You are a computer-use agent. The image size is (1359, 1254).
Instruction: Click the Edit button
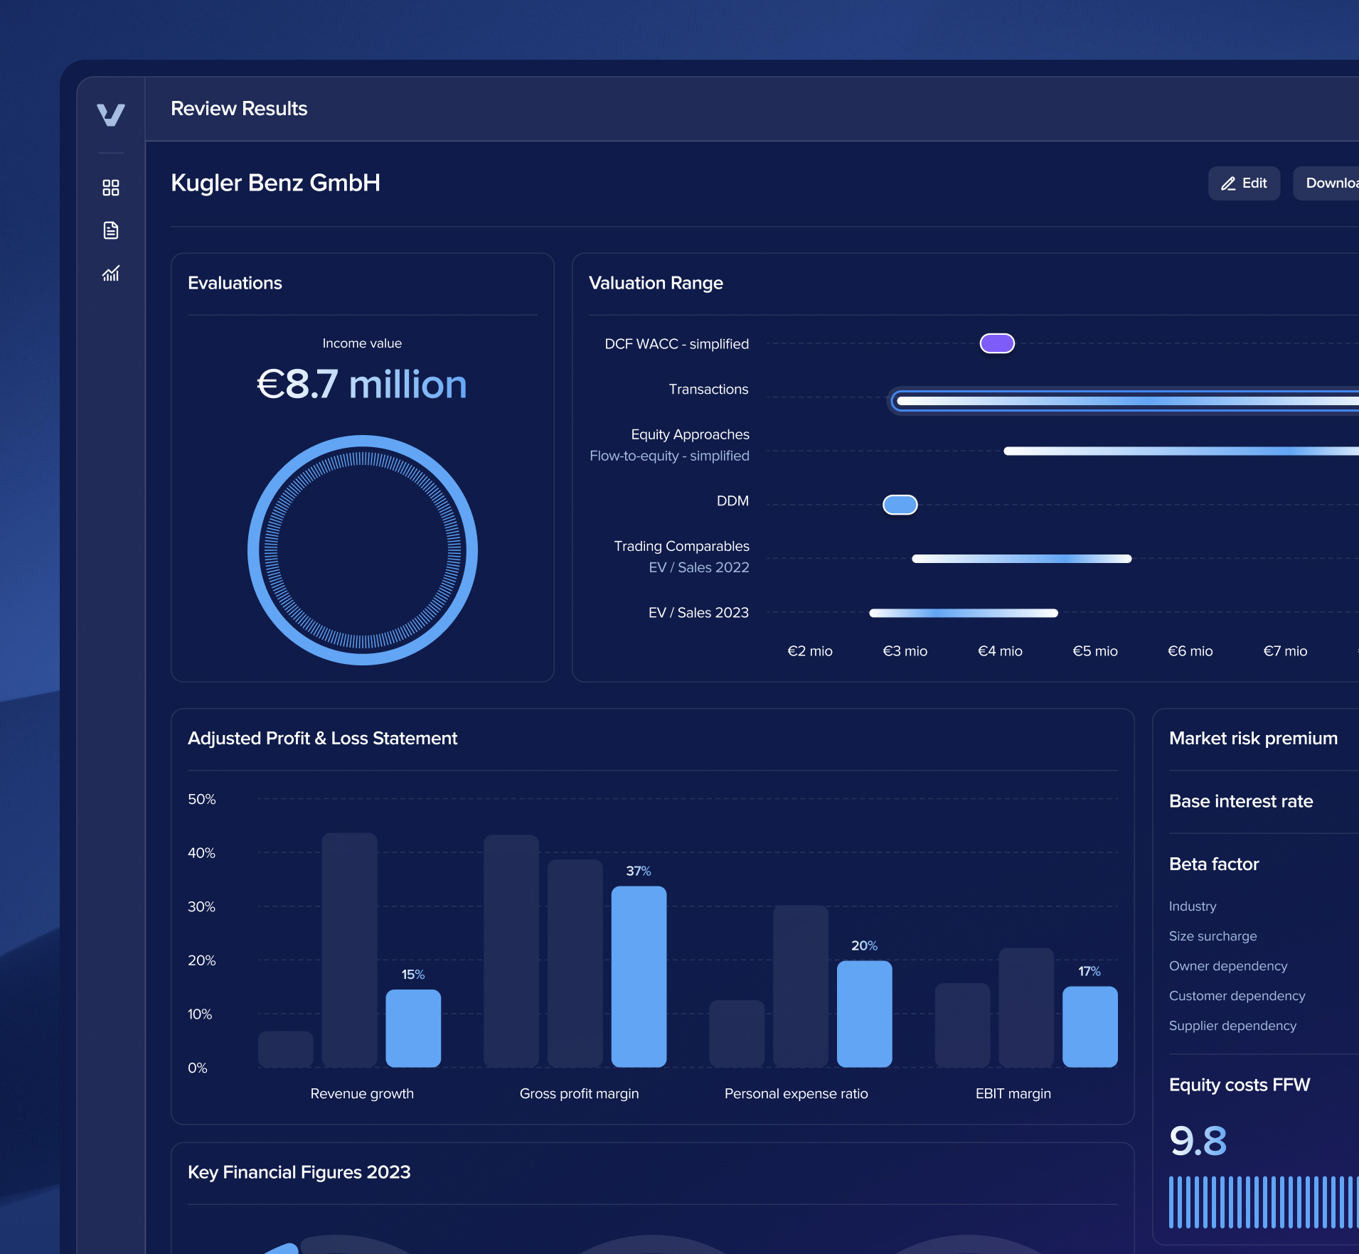pos(1244,183)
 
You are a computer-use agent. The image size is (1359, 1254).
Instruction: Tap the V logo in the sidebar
pos(111,114)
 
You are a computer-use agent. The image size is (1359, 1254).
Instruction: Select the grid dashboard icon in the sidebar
pos(111,188)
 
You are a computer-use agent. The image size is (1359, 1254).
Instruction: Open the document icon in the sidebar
pos(111,230)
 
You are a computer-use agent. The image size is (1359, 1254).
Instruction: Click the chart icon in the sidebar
pos(111,274)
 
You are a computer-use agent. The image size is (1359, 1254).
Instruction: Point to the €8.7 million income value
pos(362,385)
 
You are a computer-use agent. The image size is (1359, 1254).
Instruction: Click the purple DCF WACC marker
pos(997,344)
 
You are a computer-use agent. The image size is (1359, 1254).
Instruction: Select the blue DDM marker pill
pos(900,505)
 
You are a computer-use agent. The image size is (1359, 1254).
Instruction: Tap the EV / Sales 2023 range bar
pos(964,613)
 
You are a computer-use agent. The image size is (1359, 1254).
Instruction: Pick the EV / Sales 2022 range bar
pos(1021,559)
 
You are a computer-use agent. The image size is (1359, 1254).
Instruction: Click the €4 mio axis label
pos(1000,651)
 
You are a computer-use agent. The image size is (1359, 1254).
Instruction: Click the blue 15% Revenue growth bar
pos(413,1028)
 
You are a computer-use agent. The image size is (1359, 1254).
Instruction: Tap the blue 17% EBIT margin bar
pos(1089,1027)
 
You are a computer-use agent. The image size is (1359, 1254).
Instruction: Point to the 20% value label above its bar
pos(864,946)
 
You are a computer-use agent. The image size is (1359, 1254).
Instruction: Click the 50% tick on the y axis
pos(201,799)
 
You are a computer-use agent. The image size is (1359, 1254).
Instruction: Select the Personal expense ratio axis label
pos(796,1094)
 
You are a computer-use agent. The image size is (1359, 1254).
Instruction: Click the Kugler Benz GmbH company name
pos(276,183)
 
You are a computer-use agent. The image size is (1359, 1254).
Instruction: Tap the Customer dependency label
pos(1237,996)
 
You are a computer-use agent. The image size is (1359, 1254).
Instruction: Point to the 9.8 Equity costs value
pos(1198,1142)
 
